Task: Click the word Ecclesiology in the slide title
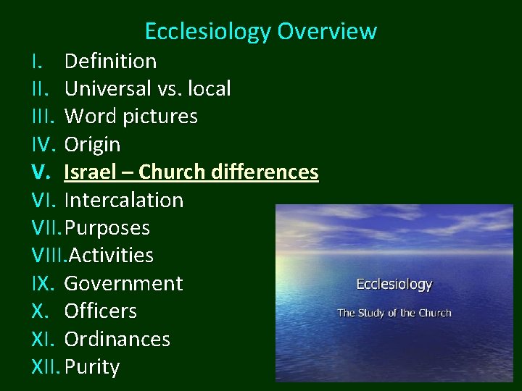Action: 208,32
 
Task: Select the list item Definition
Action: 110,61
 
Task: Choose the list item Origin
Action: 92,144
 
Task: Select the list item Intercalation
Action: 124,200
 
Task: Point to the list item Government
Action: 124,283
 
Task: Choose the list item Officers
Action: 100,311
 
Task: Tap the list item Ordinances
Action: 117,339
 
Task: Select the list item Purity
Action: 92,367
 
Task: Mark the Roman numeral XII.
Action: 46,367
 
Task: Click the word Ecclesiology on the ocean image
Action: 394,285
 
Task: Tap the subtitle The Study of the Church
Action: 394,313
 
